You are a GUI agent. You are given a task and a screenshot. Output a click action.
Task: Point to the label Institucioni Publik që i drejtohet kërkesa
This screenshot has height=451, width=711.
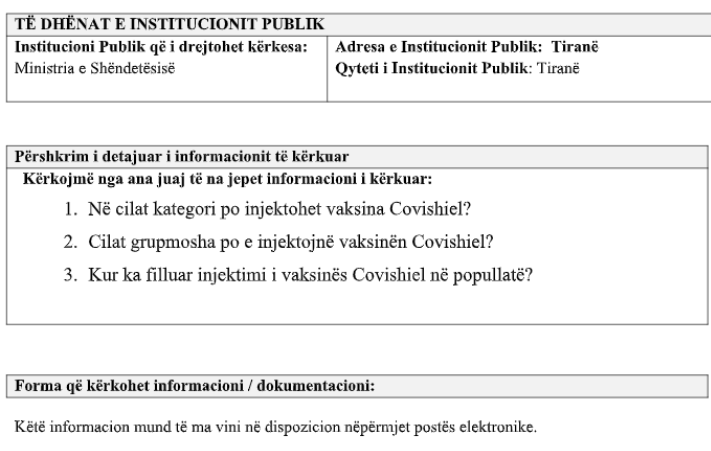tap(163, 48)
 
